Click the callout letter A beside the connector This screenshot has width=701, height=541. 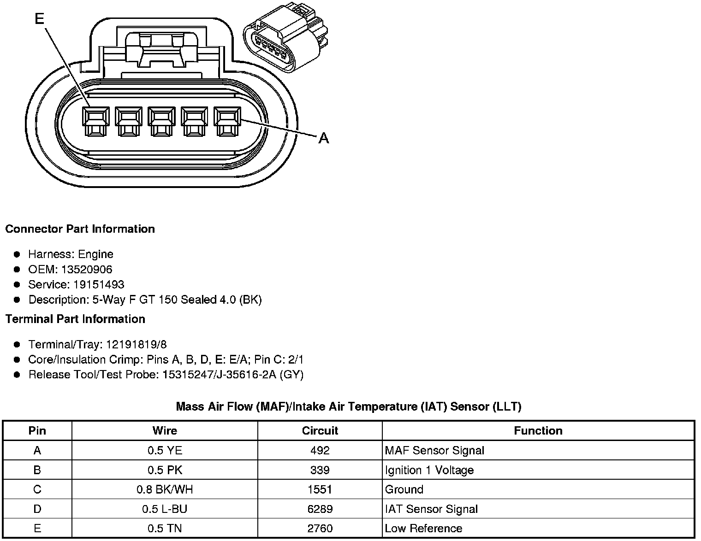coord(324,138)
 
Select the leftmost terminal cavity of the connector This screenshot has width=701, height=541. coord(96,122)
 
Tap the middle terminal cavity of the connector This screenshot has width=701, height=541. coord(161,122)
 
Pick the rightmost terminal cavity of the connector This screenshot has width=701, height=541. coord(227,122)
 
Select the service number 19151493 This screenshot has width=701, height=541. coord(99,285)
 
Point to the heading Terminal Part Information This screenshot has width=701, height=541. coord(75,319)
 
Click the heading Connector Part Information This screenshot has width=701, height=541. coord(80,229)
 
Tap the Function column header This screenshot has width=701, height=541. coord(538,431)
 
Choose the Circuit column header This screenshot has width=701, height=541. coord(320,431)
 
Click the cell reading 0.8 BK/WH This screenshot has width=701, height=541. coord(165,489)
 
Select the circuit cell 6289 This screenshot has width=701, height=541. coord(320,509)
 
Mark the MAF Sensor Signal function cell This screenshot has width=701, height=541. coord(434,451)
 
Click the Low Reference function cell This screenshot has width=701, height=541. coord(423,529)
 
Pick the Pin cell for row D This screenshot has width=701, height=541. coord(37,509)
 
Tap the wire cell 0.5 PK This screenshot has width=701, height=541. coord(165,470)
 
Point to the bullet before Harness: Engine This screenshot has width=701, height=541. coord(17,254)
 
